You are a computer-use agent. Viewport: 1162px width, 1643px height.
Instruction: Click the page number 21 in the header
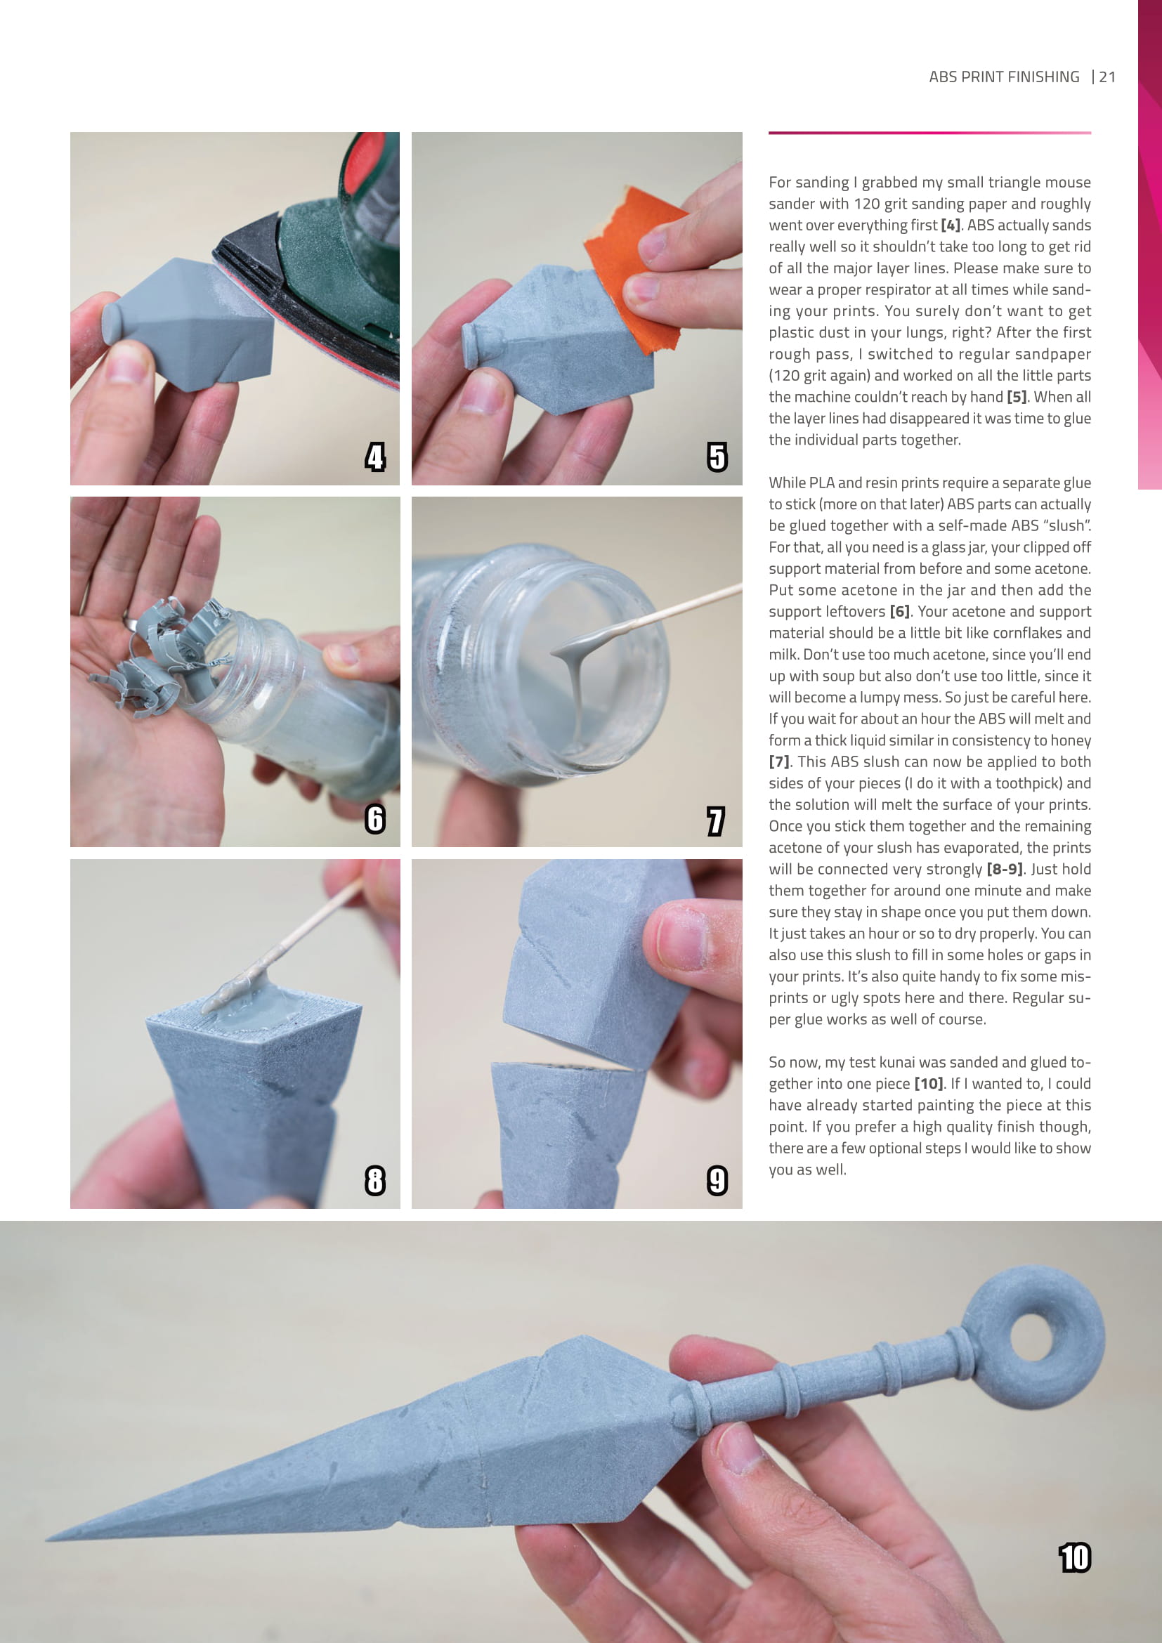pos(1107,77)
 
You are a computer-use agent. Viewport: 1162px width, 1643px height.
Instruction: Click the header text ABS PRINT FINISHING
pos(1004,77)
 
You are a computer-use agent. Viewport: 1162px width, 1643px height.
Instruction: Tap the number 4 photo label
pos(375,457)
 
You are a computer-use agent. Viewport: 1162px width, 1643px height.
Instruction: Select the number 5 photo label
pos(717,457)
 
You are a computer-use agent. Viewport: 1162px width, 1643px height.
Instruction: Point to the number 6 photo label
pos(375,818)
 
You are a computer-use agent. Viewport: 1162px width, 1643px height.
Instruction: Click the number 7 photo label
pos(715,820)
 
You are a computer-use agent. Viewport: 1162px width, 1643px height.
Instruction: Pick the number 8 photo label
pos(375,1181)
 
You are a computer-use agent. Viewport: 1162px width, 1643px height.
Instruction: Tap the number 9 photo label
pos(717,1181)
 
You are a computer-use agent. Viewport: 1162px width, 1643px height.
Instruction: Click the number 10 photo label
pos(1075,1558)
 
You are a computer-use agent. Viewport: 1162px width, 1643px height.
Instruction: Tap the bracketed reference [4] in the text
pos(951,225)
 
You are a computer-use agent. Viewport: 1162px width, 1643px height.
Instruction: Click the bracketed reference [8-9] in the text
pos(1005,870)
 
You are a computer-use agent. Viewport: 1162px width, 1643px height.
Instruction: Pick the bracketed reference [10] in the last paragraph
pos(929,1084)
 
